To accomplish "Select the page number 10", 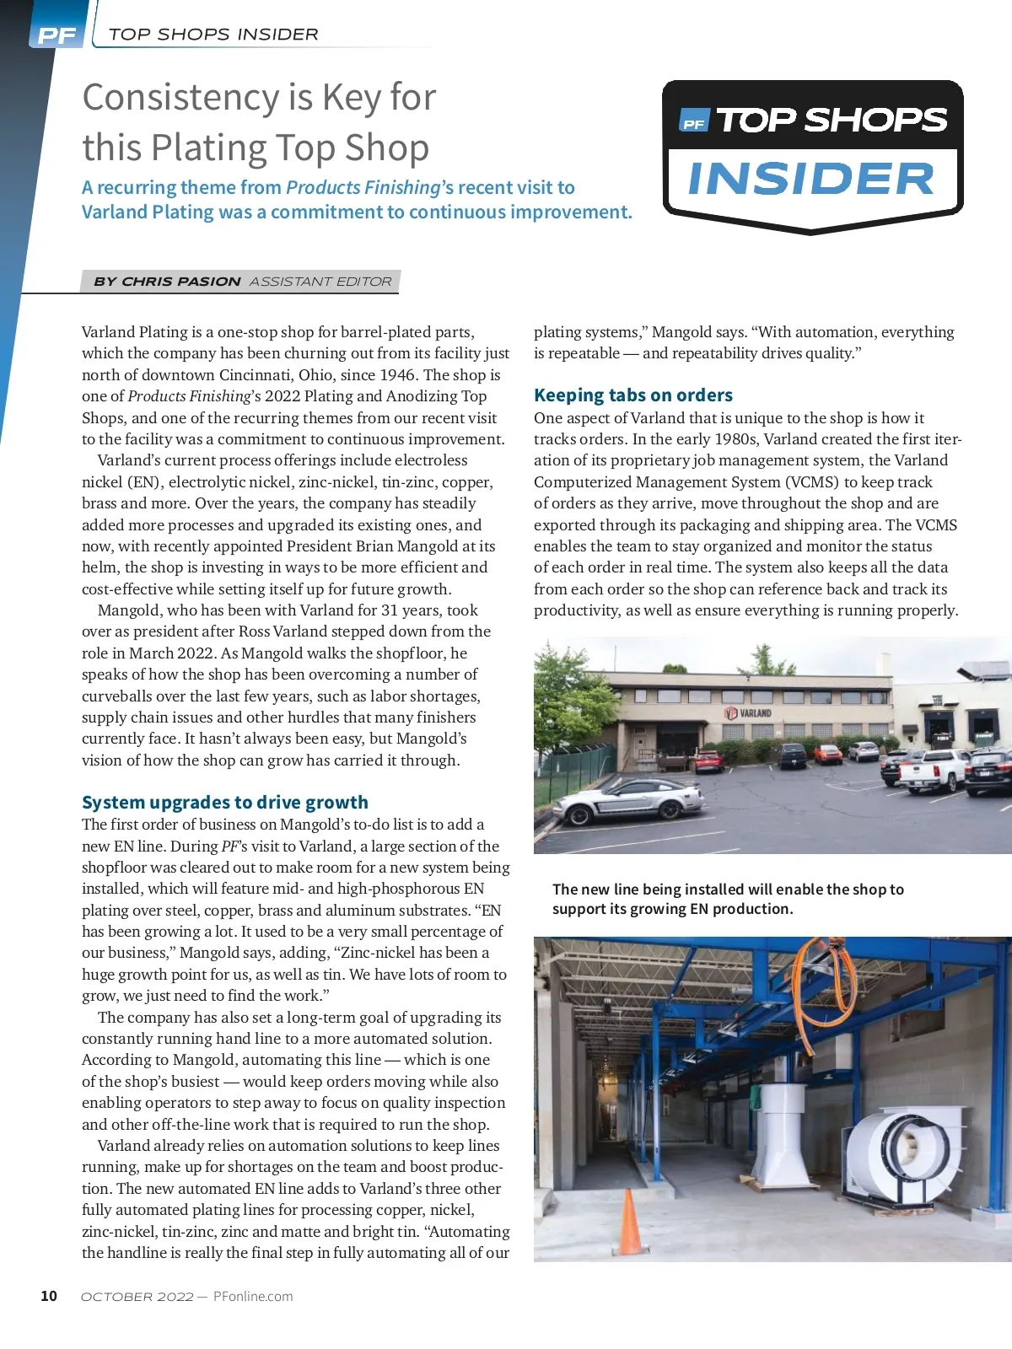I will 49,1296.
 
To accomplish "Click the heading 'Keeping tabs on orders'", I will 632,395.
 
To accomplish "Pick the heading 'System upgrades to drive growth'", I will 225,802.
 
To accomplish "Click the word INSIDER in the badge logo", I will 811,180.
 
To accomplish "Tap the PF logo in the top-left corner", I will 57,35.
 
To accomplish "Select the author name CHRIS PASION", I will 181,282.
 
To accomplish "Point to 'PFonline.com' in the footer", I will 253,1297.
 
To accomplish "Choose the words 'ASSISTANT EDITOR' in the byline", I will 320,282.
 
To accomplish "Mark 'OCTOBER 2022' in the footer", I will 137,1297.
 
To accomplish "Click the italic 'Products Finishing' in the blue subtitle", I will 363,187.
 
